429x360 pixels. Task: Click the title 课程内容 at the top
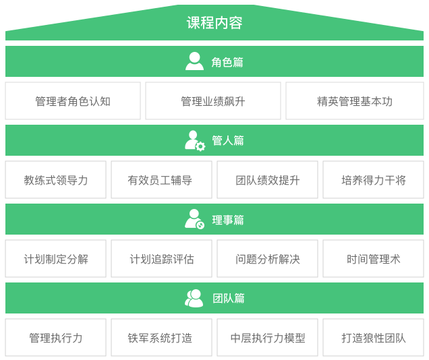214,23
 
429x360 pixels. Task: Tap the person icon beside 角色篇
194,61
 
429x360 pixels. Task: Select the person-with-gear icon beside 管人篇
195,140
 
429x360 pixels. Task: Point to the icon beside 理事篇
195,219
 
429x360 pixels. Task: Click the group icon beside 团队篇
194,298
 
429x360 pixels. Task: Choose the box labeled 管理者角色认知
73,101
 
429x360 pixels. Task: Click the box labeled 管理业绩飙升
213,101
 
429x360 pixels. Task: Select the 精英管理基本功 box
354,101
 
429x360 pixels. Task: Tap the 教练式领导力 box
55,180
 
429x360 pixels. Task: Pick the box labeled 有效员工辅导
161,180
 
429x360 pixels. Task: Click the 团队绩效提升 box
267,180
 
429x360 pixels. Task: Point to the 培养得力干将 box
373,180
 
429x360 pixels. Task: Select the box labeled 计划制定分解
55,259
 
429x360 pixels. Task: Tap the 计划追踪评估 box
161,259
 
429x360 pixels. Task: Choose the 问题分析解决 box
267,259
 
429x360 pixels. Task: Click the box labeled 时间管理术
373,259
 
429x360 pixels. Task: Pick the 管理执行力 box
55,338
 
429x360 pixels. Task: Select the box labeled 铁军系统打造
161,338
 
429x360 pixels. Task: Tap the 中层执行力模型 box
267,338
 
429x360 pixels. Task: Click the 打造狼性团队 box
373,338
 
